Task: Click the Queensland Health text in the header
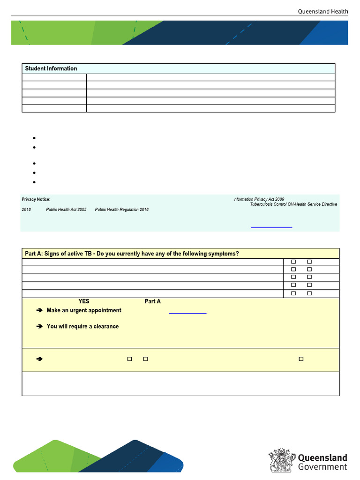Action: coord(323,12)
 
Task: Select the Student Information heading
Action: coord(51,68)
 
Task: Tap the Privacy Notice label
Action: coord(36,199)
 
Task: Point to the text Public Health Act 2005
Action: coord(66,210)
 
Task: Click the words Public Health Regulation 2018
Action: coord(122,210)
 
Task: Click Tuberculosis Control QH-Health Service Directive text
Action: coord(293,204)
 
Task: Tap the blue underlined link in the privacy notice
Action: coord(271,227)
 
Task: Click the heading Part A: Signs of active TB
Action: coord(132,254)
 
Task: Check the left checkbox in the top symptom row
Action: coord(293,262)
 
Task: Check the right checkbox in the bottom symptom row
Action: coord(309,293)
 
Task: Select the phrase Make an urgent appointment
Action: coord(84,310)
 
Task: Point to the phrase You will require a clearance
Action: coord(82,326)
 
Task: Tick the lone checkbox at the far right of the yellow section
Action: coord(301,359)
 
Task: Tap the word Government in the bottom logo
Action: coord(322,467)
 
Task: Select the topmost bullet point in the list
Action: coord(35,138)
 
